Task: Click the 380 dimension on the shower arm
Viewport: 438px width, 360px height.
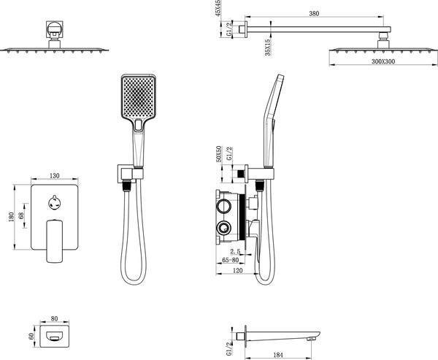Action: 314,13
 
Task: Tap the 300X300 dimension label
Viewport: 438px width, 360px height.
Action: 383,61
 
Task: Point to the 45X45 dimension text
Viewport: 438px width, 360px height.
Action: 218,8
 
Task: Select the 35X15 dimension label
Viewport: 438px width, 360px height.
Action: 267,47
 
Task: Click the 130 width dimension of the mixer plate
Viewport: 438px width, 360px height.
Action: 55,176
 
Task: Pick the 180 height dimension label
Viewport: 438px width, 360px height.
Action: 11,217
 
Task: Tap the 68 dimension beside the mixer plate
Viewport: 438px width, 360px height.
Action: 20,215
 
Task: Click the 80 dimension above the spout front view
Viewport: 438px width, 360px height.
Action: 55,318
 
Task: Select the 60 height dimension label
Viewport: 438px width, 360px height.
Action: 31,336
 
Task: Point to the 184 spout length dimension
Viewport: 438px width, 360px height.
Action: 277,355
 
